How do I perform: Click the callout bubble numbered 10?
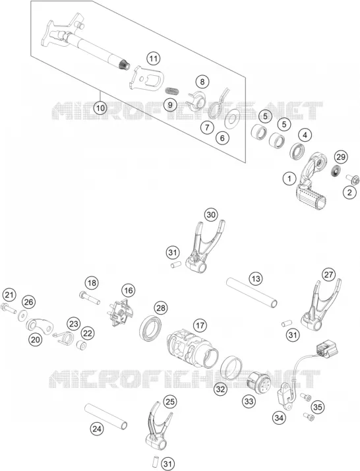(x=100, y=108)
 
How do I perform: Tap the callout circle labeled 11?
(x=154, y=58)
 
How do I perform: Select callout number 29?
(x=342, y=156)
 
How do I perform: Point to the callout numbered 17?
(x=200, y=325)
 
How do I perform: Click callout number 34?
(x=280, y=418)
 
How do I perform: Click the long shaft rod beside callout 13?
(x=251, y=293)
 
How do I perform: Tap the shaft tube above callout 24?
(x=105, y=416)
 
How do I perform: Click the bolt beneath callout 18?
(x=90, y=298)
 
